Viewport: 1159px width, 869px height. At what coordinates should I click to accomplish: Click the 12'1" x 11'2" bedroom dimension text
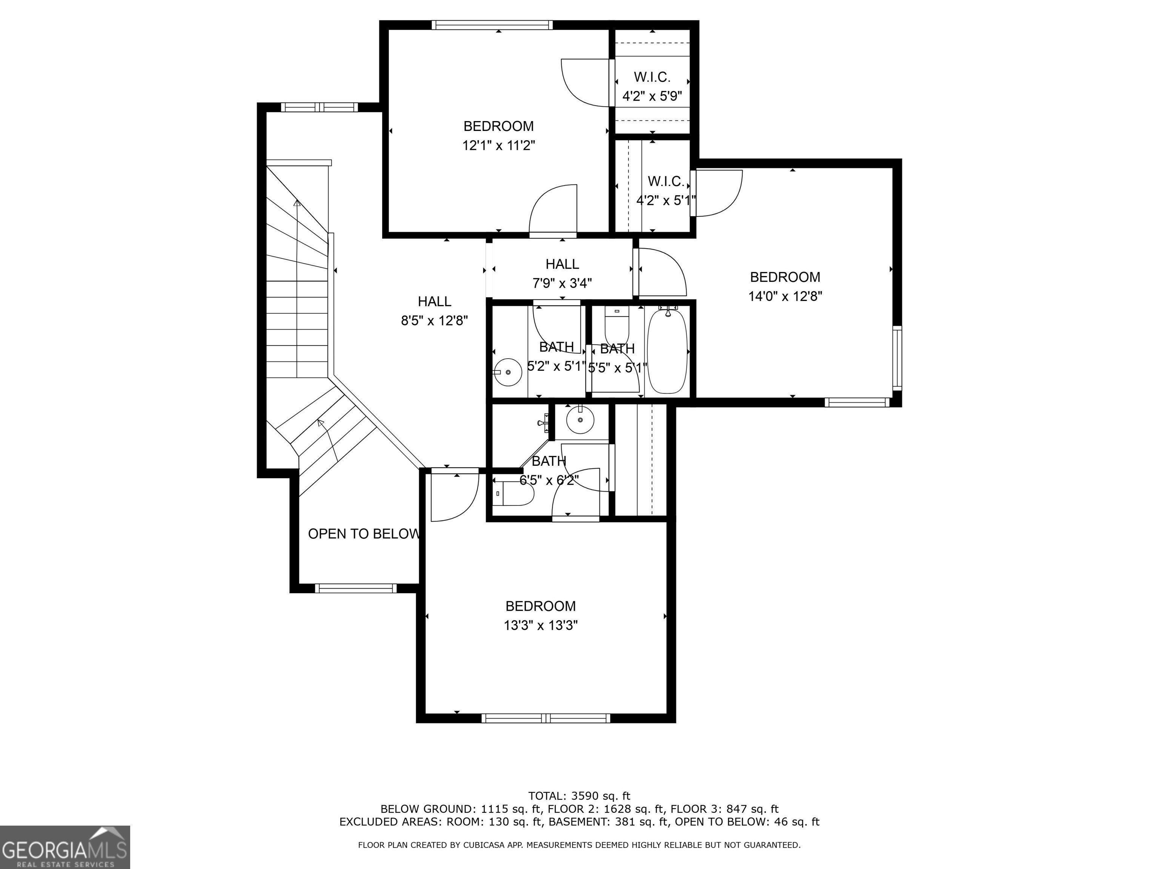[498, 146]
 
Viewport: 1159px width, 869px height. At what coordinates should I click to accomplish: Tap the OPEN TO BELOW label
[364, 534]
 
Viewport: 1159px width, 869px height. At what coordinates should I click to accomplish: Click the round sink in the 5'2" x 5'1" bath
[508, 372]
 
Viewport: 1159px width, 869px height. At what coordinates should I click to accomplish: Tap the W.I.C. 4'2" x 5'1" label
[666, 191]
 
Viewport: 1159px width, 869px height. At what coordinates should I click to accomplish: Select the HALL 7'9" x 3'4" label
[562, 273]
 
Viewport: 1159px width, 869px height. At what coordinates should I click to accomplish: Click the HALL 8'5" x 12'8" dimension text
[434, 321]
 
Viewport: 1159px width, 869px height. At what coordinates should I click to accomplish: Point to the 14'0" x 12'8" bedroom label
[785, 287]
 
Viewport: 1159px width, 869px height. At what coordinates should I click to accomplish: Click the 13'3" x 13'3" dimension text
[541, 625]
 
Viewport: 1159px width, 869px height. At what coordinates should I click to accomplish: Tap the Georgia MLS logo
[65, 847]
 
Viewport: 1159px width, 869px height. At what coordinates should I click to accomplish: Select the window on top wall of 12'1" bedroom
[492, 25]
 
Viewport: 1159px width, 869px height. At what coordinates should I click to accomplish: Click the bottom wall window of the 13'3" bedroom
[546, 718]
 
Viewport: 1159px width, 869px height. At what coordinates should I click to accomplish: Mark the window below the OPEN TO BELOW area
[356, 588]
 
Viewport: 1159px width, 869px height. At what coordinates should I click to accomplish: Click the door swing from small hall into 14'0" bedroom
[661, 272]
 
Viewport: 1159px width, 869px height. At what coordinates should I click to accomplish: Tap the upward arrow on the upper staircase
[297, 203]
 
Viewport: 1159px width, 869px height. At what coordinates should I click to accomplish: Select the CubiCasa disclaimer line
[579, 845]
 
